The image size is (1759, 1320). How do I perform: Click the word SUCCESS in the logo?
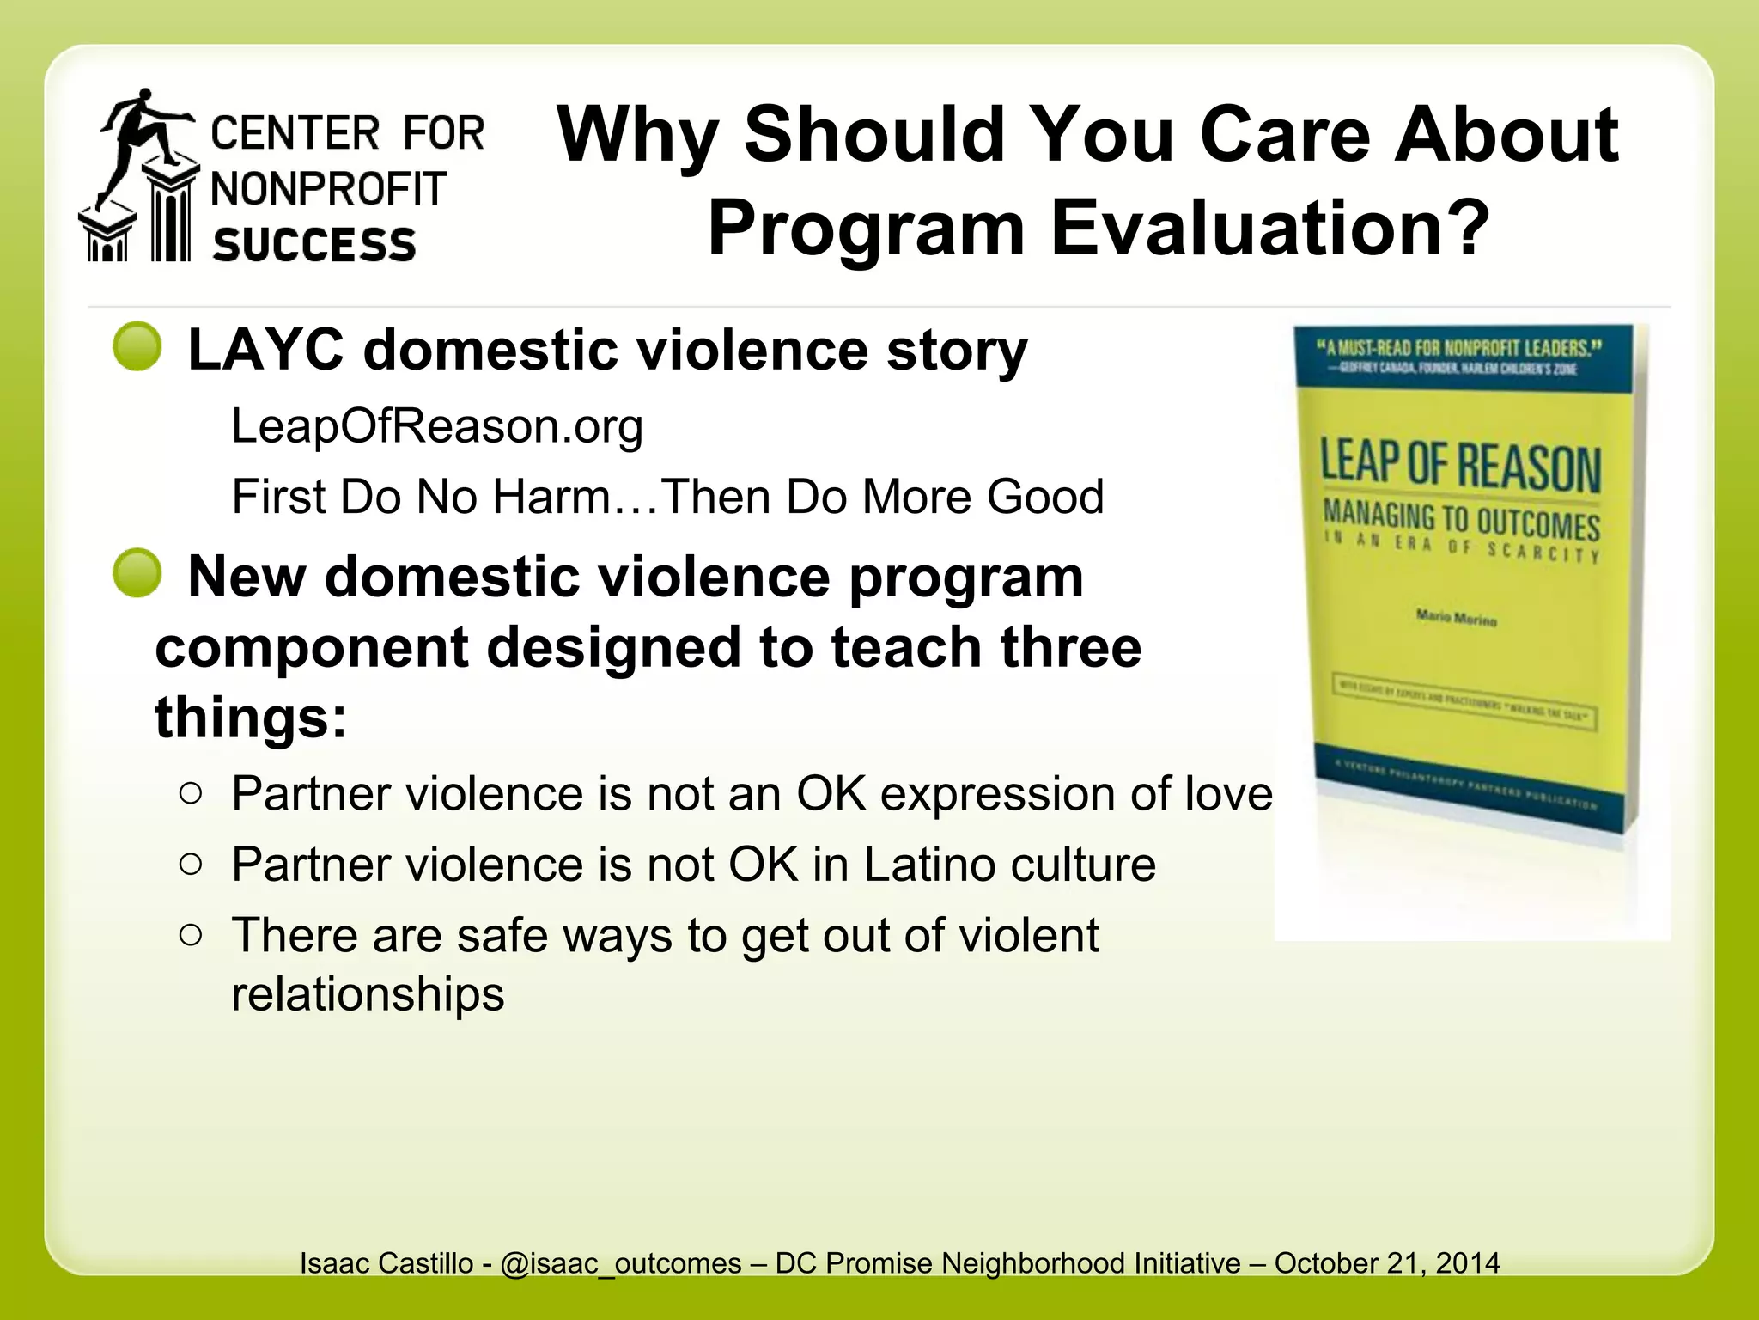(314, 245)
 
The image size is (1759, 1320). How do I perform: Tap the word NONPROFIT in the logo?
(329, 190)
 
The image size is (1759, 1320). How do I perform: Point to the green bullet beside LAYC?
(137, 347)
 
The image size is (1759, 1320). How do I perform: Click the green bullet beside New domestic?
(137, 573)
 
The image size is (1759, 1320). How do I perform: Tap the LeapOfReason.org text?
(437, 426)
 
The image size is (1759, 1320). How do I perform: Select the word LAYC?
(265, 351)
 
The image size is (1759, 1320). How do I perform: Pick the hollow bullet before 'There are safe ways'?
(192, 934)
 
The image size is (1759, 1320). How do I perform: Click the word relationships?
(368, 994)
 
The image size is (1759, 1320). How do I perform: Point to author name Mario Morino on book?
(1456, 618)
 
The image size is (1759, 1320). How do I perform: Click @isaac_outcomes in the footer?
(620, 1263)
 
